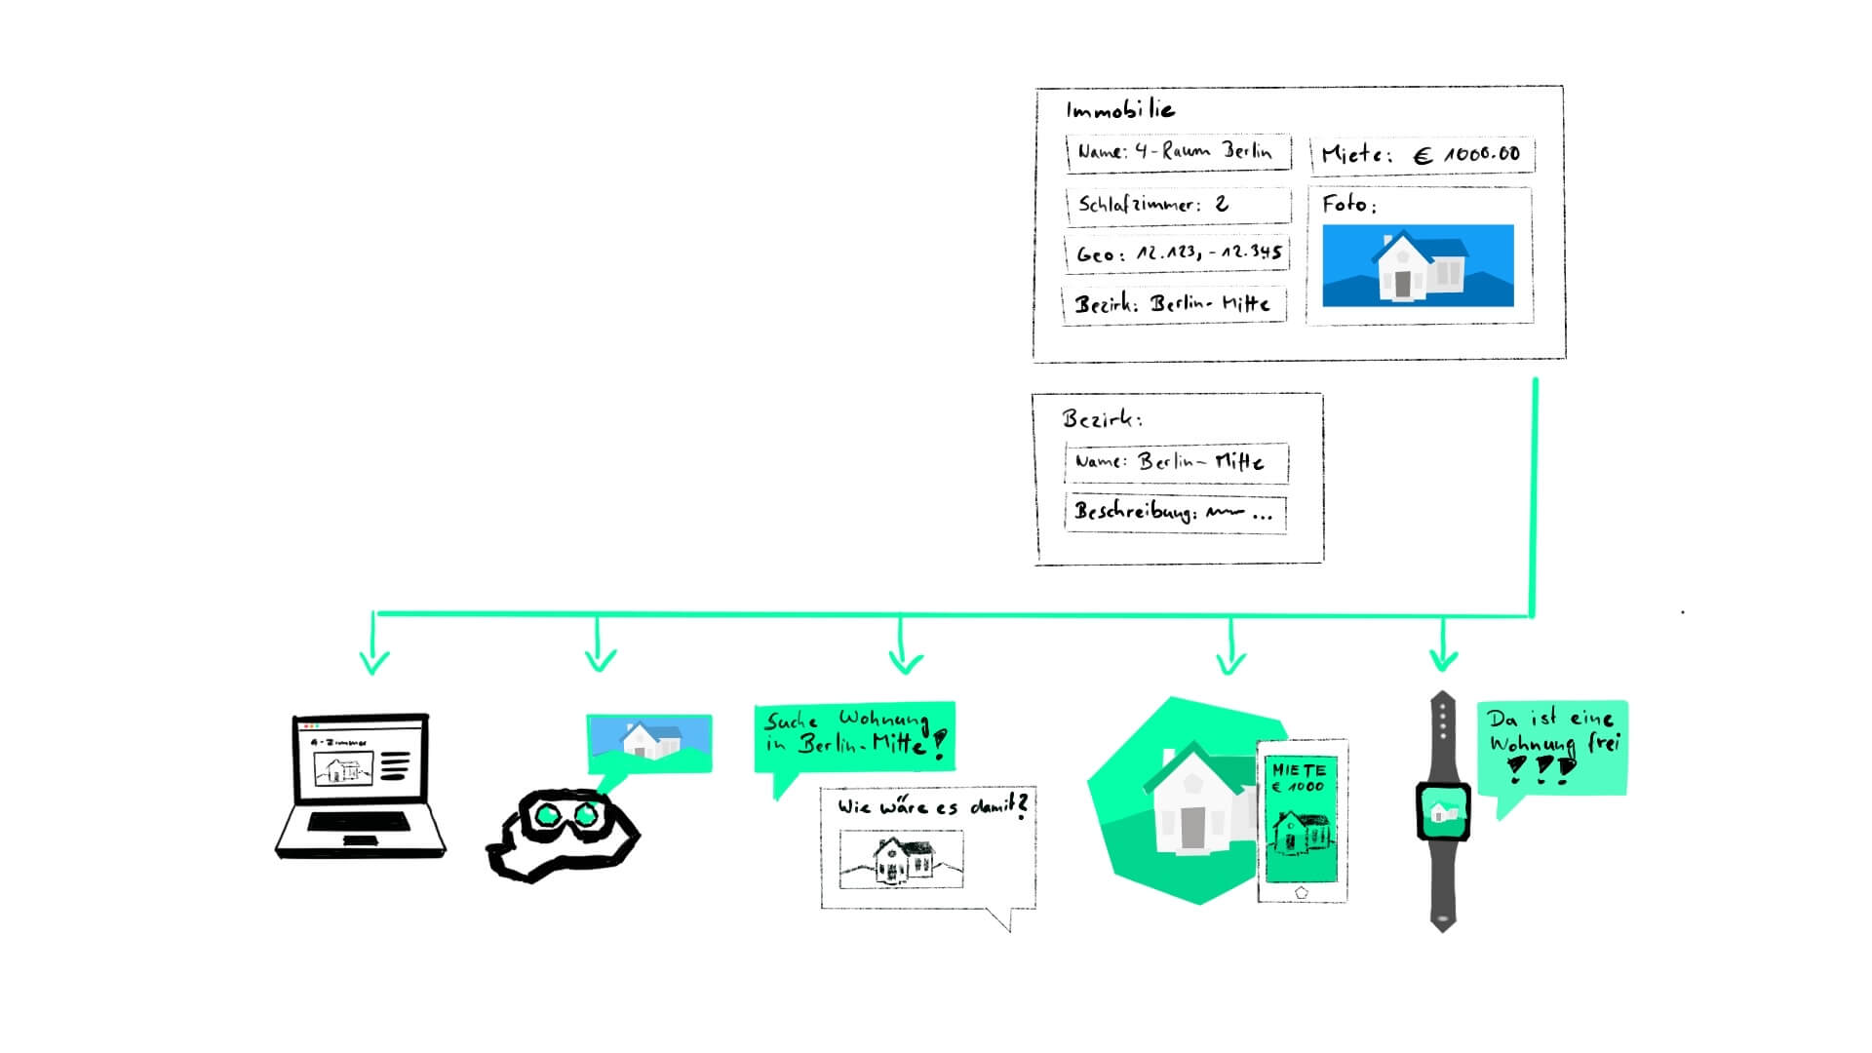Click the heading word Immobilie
click(x=1119, y=109)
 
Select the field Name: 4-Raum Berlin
click(x=1178, y=152)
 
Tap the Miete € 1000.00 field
click(x=1422, y=154)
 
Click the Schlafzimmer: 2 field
click(x=1178, y=205)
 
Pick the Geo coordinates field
click(x=1177, y=253)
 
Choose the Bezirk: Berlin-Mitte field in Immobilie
click(x=1173, y=304)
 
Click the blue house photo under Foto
click(x=1418, y=265)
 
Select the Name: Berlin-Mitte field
click(x=1176, y=462)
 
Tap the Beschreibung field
click(x=1175, y=513)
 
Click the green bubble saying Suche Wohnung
click(x=854, y=735)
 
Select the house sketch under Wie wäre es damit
click(x=901, y=859)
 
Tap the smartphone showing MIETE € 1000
click(x=1302, y=820)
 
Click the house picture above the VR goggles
click(x=649, y=741)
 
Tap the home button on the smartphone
click(x=1302, y=892)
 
